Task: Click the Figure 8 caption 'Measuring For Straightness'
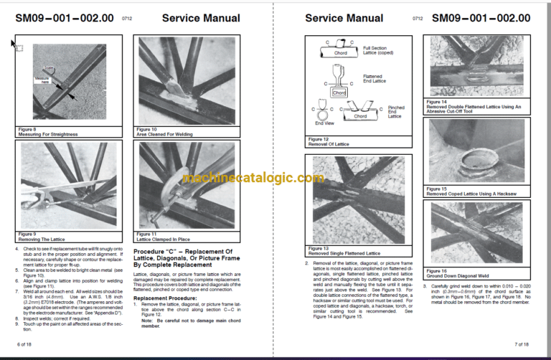(50, 134)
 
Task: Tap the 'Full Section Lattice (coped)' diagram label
(375, 52)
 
